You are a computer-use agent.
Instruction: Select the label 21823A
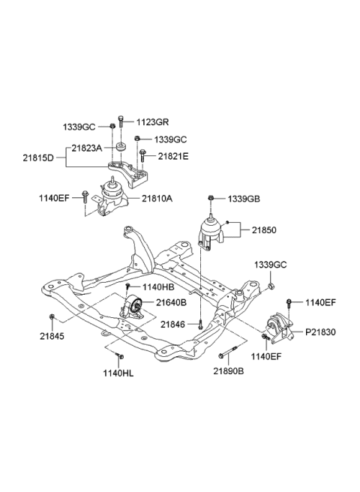point(87,148)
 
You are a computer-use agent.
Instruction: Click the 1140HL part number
point(121,373)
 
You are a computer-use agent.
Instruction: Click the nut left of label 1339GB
point(213,197)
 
